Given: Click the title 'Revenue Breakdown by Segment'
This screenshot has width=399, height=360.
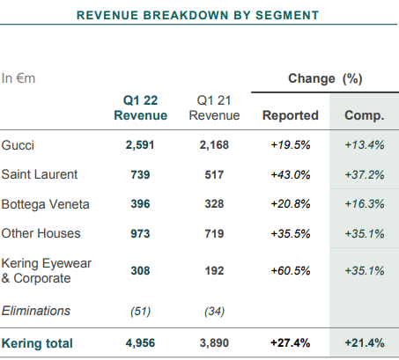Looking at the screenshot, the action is click(x=197, y=15).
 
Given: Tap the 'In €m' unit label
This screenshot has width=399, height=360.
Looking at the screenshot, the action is click(x=18, y=78).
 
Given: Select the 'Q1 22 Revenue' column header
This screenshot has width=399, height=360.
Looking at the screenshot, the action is click(x=140, y=107).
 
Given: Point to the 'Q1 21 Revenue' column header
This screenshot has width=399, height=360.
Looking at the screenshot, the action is click(x=214, y=107).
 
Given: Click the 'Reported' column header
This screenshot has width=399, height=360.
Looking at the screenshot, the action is click(x=291, y=115).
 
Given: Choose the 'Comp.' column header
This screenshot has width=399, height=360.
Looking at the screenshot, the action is click(x=365, y=115).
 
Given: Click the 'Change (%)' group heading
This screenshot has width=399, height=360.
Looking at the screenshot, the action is click(x=325, y=78).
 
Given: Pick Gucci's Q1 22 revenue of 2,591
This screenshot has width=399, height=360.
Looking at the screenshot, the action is click(x=140, y=145).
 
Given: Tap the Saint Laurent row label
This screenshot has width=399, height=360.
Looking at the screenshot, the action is click(x=40, y=174).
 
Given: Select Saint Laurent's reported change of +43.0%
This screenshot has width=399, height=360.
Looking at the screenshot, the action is click(x=291, y=175).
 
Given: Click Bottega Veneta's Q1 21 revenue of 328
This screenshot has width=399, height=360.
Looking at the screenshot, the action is click(x=214, y=204).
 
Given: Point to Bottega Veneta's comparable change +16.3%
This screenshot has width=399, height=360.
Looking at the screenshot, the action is click(x=365, y=204).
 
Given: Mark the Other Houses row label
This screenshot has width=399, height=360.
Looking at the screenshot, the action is click(x=41, y=233).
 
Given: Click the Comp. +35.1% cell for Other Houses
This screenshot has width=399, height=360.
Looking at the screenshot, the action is click(x=365, y=234).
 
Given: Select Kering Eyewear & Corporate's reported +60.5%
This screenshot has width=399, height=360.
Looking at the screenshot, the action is click(x=291, y=270).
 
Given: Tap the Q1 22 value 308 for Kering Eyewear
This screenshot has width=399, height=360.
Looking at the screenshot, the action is click(x=140, y=270).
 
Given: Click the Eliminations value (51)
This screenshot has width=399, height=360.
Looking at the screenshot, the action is click(x=140, y=311).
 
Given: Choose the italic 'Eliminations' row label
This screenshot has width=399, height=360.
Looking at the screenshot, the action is click(x=36, y=311).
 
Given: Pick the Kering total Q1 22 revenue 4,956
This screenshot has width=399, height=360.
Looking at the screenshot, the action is click(x=140, y=343).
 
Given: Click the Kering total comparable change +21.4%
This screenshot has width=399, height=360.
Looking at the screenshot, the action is click(x=365, y=342).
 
